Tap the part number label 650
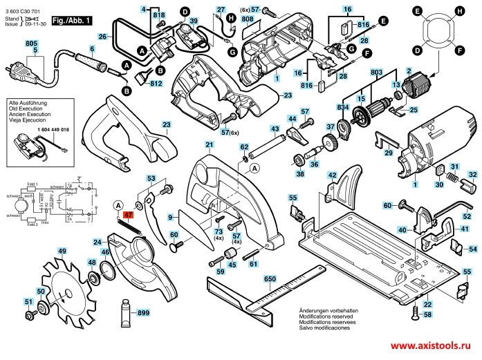tap(270, 278)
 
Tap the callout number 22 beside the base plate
tap(427, 305)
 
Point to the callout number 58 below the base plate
tap(428, 314)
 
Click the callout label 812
tap(155, 84)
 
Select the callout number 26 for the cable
tap(102, 36)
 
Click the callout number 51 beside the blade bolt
tap(28, 302)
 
